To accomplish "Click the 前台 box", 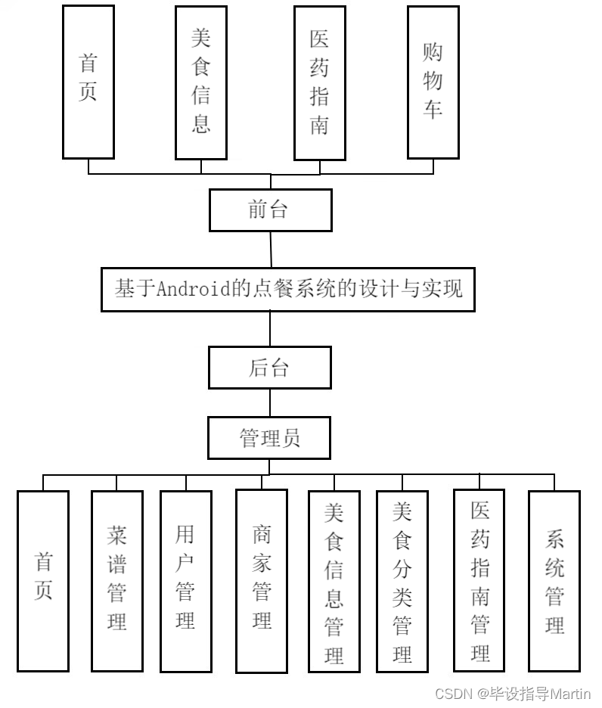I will pyautogui.click(x=270, y=210).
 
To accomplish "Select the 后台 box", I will pyautogui.click(x=270, y=368).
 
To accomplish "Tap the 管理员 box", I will pyautogui.click(x=270, y=438).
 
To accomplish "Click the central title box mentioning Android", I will pyautogui.click(x=287, y=289).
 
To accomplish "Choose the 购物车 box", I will pyautogui.click(x=433, y=82).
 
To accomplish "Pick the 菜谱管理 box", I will pyautogui.click(x=116, y=580).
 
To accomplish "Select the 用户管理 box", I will pyautogui.click(x=185, y=580).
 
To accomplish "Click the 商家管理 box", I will pyautogui.click(x=261, y=580).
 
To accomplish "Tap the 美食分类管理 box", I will pyautogui.click(x=402, y=580).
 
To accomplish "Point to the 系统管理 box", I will pyautogui.click(x=554, y=580).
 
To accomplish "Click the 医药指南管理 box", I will pyautogui.click(x=479, y=580).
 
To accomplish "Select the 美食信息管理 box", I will pyautogui.click(x=334, y=580).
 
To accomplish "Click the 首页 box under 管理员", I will pyautogui.click(x=43, y=580).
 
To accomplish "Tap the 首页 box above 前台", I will pyautogui.click(x=88, y=82).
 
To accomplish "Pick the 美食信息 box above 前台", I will pyautogui.click(x=200, y=82).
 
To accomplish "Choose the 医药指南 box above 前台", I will pyautogui.click(x=319, y=82).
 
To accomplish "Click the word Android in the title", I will pyautogui.click(x=194, y=289).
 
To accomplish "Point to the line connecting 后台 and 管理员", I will pyautogui.click(x=270, y=402).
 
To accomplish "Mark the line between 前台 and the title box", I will pyautogui.click(x=270, y=249).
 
